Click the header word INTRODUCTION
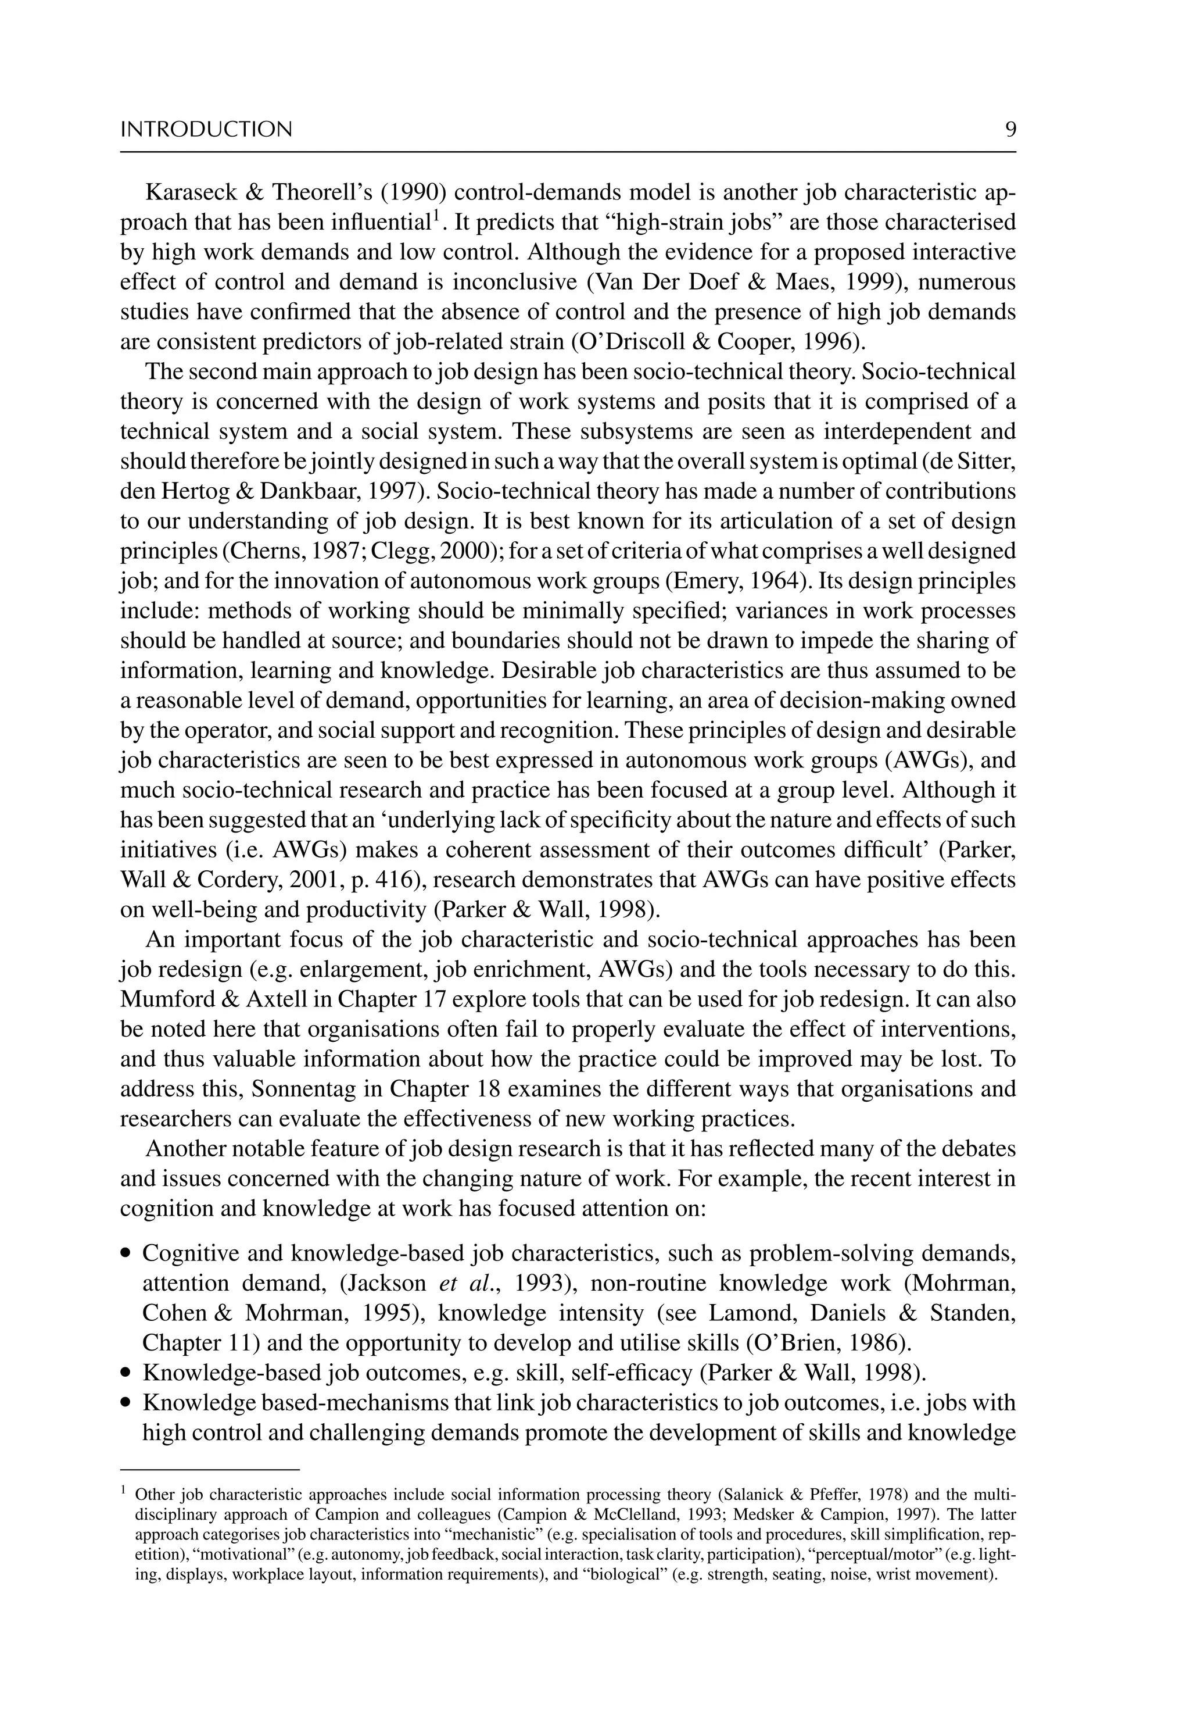point(206,130)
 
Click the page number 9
point(1010,130)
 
